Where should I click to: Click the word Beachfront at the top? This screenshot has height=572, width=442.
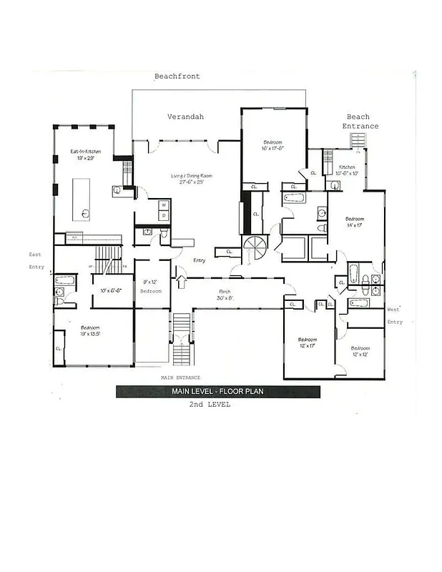click(177, 76)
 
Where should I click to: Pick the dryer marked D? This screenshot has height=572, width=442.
click(164, 214)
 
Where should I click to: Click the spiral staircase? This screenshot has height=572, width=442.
click(254, 250)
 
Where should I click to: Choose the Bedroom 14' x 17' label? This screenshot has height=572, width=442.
click(355, 222)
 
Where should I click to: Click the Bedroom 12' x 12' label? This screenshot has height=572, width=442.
click(360, 351)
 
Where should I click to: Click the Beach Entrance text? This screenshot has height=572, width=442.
click(362, 122)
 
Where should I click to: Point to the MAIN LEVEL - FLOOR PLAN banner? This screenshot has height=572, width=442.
click(219, 391)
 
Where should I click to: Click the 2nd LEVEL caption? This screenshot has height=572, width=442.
click(210, 405)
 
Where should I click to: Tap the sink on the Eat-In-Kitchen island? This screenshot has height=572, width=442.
click(85, 212)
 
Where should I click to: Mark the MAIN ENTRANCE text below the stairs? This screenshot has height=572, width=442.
click(180, 378)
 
